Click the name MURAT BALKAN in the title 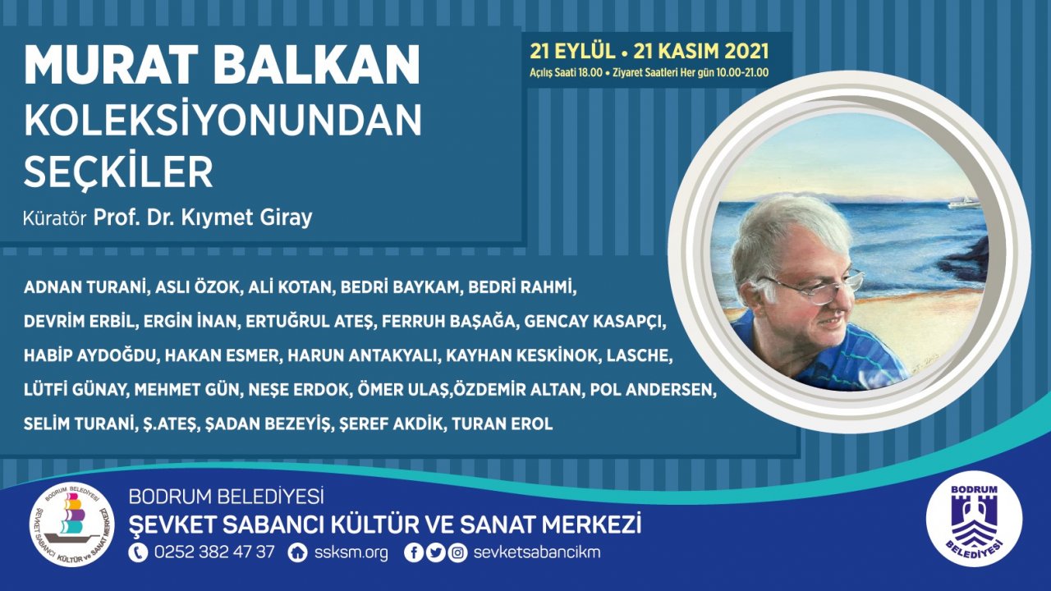tap(222, 65)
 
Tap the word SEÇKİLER tap(118, 172)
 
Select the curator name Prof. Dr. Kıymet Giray tap(203, 218)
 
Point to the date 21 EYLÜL tap(572, 51)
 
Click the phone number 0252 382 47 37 tap(213, 552)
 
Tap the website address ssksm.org tap(351, 552)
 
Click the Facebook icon tap(415, 552)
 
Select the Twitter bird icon tap(435, 552)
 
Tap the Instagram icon tap(457, 552)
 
